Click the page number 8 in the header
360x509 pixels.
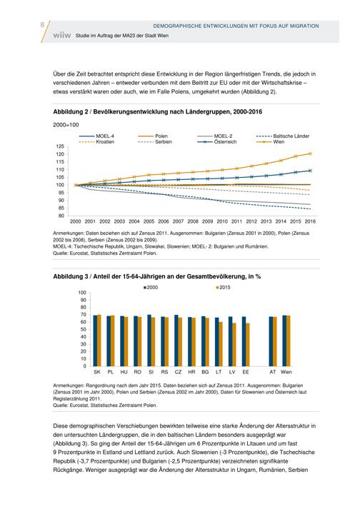point(43,25)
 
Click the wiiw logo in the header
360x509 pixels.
point(61,36)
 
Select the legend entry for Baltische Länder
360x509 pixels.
point(283,136)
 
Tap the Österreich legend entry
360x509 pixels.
point(216,142)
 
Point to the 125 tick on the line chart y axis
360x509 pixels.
point(60,146)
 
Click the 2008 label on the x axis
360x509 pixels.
point(193,221)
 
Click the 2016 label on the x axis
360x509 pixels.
point(310,221)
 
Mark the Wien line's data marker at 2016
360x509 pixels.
point(310,153)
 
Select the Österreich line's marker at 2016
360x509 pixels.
point(310,171)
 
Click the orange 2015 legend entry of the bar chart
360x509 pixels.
point(223,287)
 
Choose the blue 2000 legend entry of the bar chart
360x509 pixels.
point(151,287)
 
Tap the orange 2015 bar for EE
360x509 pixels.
point(248,345)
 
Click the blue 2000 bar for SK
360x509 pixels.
point(95,341)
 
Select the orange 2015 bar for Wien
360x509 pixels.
point(288,341)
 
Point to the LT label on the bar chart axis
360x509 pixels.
point(219,372)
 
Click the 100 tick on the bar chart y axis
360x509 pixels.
point(82,293)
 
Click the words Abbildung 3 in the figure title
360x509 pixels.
point(71,276)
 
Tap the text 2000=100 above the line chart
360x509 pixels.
point(66,125)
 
